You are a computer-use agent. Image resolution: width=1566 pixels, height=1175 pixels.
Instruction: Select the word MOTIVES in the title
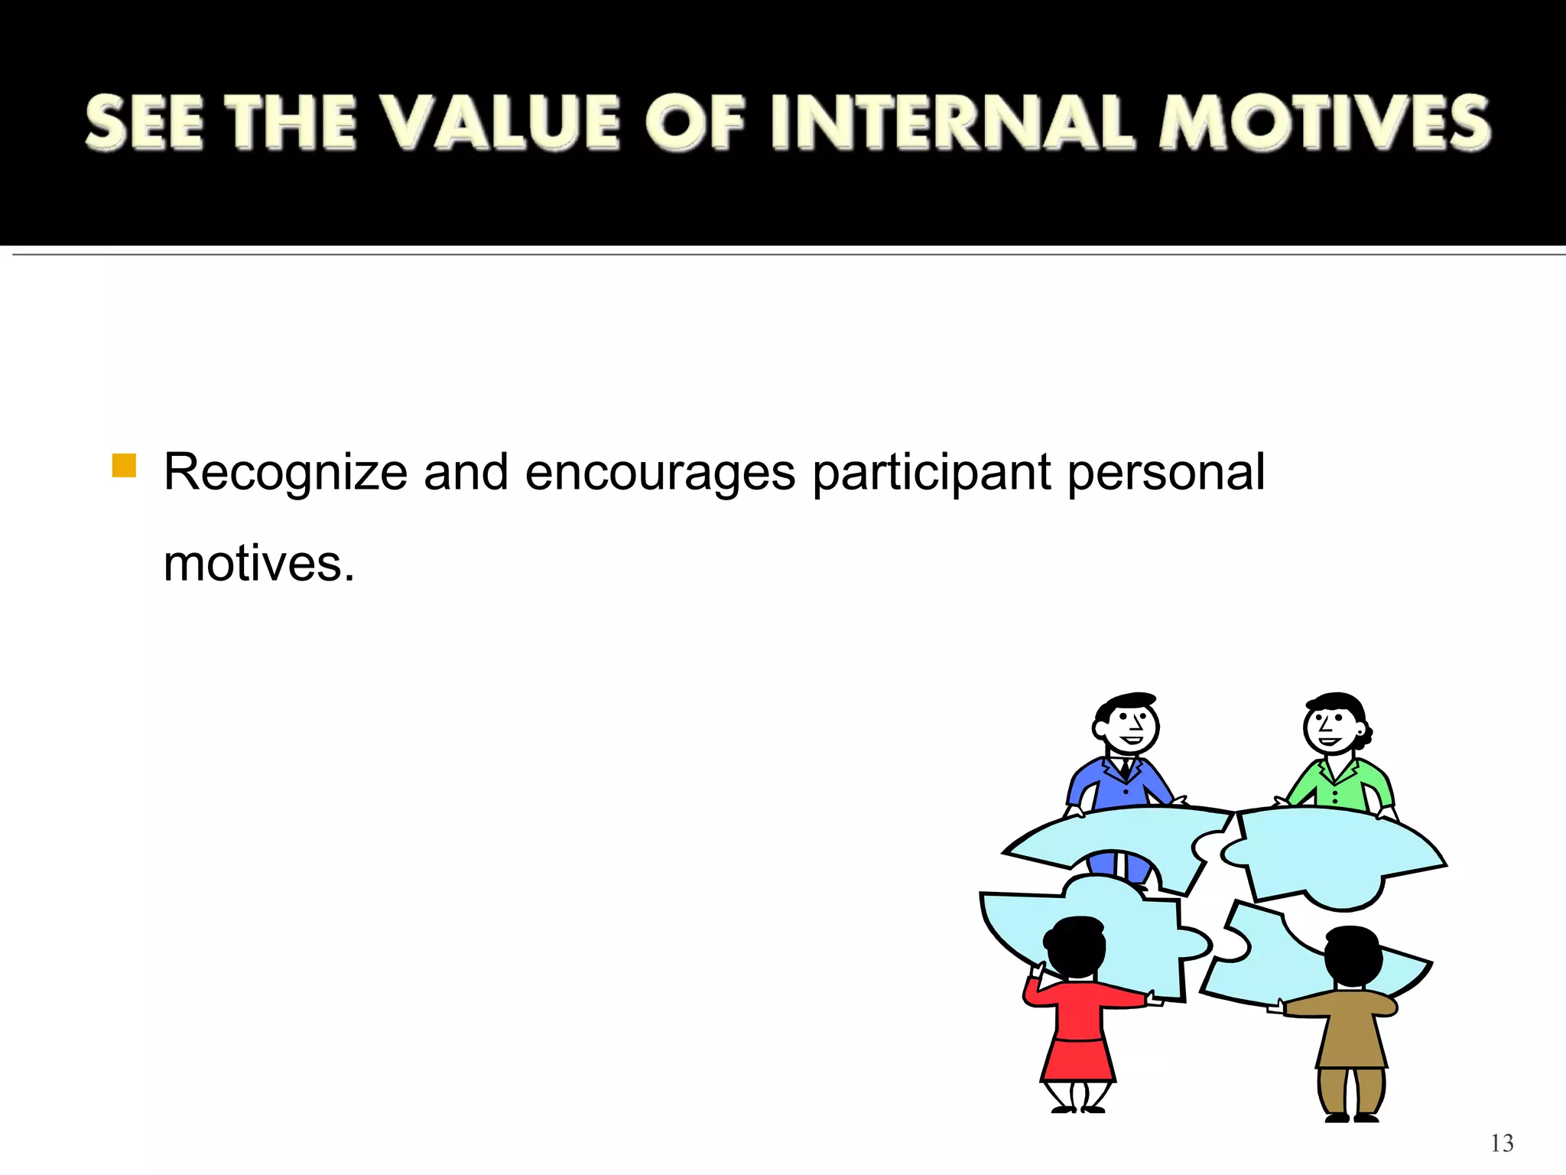coord(1324,122)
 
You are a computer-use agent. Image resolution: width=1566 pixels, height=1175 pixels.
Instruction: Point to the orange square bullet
coord(124,465)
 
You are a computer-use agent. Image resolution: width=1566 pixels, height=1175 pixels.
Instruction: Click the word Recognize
coord(285,473)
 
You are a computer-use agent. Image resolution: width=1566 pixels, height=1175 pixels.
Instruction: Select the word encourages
coord(660,473)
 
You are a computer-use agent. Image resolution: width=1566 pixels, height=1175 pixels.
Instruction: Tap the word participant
coord(931,473)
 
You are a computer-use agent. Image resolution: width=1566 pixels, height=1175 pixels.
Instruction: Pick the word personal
coord(1165,473)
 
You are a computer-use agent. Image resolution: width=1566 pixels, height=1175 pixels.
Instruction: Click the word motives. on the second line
coord(258,564)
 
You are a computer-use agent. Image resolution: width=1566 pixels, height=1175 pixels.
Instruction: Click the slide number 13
coord(1501,1143)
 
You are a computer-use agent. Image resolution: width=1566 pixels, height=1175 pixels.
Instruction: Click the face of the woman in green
coord(1332,727)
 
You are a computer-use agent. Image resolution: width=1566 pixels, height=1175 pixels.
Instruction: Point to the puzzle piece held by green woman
coord(1334,853)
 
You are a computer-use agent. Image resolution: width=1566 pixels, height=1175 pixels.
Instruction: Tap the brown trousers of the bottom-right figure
coord(1351,1090)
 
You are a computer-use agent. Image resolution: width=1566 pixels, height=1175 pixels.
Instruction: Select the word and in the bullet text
coord(466,473)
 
